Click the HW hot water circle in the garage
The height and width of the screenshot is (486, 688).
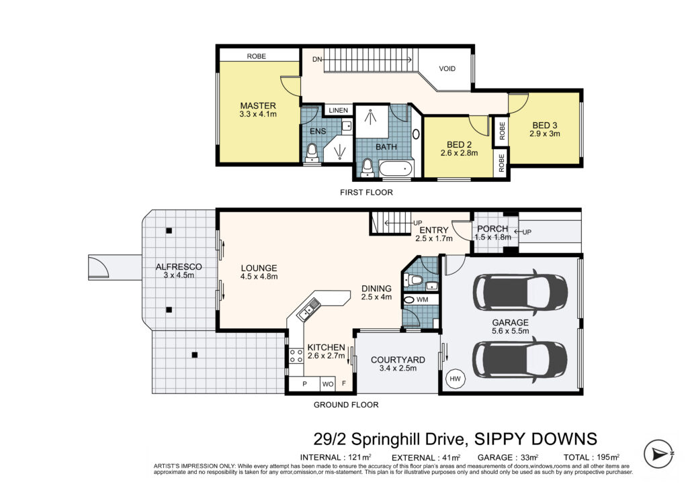pyautogui.click(x=455, y=379)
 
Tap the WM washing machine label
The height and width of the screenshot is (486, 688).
pyautogui.click(x=422, y=300)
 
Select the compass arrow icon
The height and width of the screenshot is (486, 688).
pyautogui.click(x=658, y=454)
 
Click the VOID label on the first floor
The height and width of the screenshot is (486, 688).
pyautogui.click(x=447, y=68)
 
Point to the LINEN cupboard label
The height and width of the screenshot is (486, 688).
pyautogui.click(x=339, y=111)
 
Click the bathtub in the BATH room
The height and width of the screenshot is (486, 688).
pyautogui.click(x=396, y=169)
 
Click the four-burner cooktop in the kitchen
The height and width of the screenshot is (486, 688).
pyautogui.click(x=296, y=356)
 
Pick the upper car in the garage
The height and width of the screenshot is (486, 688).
pyautogui.click(x=521, y=292)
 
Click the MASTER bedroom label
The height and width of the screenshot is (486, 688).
pyautogui.click(x=258, y=105)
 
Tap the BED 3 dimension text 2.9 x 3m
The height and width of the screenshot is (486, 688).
pyautogui.click(x=544, y=134)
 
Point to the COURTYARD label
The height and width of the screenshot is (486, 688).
pyautogui.click(x=398, y=360)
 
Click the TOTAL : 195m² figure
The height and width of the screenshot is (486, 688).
pyautogui.click(x=591, y=457)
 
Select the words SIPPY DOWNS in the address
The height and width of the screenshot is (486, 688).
pyautogui.click(x=536, y=438)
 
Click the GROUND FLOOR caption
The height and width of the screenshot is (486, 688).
pyautogui.click(x=346, y=405)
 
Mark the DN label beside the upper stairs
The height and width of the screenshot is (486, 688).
pyautogui.click(x=317, y=59)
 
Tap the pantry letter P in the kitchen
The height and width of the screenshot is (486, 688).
pyautogui.click(x=304, y=384)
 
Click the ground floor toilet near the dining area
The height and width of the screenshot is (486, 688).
pyautogui.click(x=413, y=279)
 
